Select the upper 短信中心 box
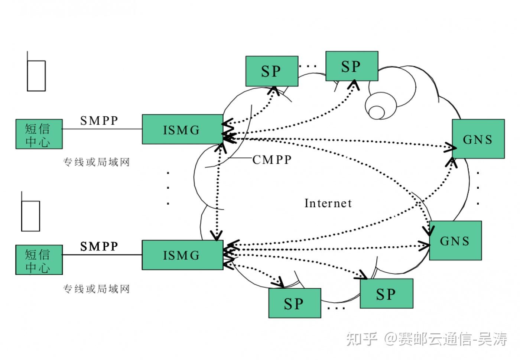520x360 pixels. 39,134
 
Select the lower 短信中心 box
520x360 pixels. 39,260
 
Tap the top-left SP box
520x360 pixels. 272,71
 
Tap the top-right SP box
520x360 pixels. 351,66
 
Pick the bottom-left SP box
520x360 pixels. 295,303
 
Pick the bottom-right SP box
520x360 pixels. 386,293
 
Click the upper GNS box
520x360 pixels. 478,139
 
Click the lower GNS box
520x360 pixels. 455,241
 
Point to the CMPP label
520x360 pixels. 272,160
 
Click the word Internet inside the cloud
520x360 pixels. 328,203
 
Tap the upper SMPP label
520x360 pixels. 99,121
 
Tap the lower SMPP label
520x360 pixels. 99,246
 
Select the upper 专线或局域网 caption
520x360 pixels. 96,162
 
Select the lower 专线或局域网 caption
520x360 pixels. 96,289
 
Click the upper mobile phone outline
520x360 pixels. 36,75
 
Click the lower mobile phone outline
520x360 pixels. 30,216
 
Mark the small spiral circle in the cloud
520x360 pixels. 377,112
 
